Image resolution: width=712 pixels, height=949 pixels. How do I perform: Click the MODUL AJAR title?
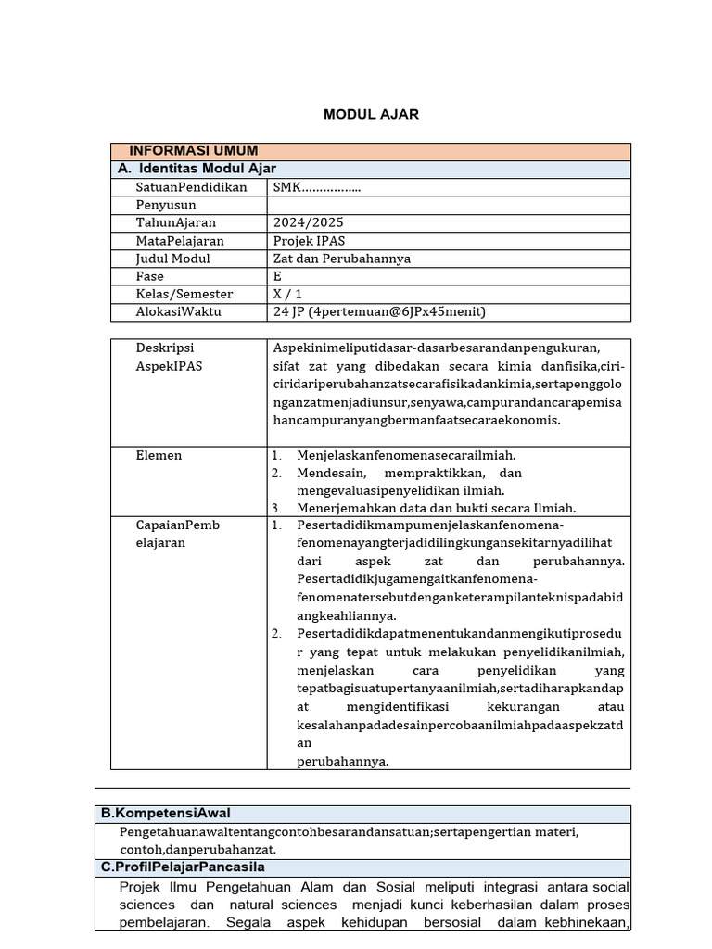[x=371, y=115]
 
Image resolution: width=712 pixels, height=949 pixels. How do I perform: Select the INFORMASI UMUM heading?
[x=194, y=151]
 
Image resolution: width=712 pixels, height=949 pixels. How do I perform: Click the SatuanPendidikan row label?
[x=191, y=187]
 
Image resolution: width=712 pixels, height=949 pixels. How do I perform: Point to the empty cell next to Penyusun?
[x=449, y=205]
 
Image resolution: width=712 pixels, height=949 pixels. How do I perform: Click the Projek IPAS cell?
[x=310, y=241]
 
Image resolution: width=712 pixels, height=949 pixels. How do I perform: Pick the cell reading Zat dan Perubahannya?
[x=341, y=259]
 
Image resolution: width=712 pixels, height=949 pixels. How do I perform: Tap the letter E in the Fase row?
[x=278, y=276]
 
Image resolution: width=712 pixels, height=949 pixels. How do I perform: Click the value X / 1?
[x=288, y=294]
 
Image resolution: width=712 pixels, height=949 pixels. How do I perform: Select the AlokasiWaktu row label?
[x=179, y=311]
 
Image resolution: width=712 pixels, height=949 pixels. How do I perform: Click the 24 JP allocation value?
[x=379, y=311]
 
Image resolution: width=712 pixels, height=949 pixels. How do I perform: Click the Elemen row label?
[x=159, y=455]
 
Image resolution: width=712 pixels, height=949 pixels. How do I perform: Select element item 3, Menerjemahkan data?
[x=436, y=508]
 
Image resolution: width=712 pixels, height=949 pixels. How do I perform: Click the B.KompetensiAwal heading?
[x=166, y=814]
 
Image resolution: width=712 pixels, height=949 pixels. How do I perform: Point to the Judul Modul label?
[x=172, y=259]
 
